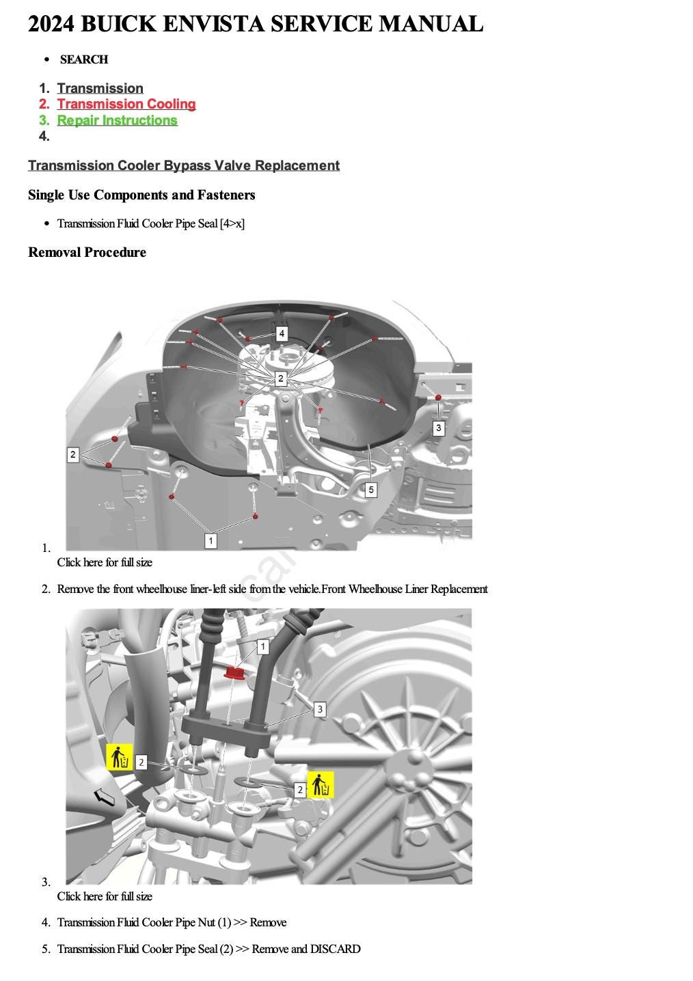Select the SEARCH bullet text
click(x=84, y=59)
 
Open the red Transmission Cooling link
click(x=126, y=104)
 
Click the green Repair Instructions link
click(x=117, y=120)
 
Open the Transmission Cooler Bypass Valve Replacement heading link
click(x=183, y=165)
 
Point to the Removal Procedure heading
click(x=87, y=252)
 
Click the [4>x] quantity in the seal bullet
click(x=232, y=223)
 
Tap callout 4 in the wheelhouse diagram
click(x=282, y=333)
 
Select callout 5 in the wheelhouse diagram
click(x=370, y=489)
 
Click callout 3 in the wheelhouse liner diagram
click(x=439, y=428)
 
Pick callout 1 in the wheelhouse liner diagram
click(x=210, y=540)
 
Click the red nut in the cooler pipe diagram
click(x=235, y=674)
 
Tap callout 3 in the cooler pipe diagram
click(x=320, y=709)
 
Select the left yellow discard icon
click(x=119, y=758)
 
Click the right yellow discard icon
click(x=321, y=785)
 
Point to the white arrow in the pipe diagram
click(x=104, y=797)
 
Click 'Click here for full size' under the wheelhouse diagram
click(x=105, y=562)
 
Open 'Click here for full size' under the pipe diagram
click(x=105, y=896)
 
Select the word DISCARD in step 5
click(x=335, y=949)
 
